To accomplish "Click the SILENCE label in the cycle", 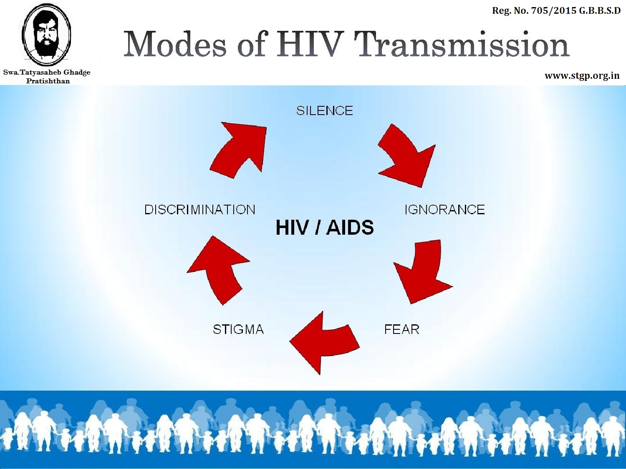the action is click(x=325, y=110).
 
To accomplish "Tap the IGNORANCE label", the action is click(x=444, y=210).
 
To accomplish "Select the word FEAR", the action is click(x=402, y=329).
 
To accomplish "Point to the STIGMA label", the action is click(x=238, y=329).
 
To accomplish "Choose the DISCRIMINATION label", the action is click(x=200, y=210).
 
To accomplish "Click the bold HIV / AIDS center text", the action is click(x=325, y=227).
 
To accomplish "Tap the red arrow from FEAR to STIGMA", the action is click(x=324, y=343).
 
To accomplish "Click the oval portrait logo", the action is click(x=46, y=34).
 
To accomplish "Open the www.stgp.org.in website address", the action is click(x=582, y=76).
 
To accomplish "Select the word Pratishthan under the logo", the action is click(x=48, y=81).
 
